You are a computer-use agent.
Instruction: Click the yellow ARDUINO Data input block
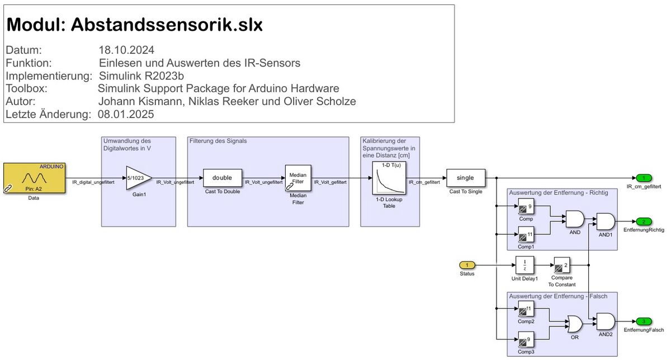[x=34, y=178]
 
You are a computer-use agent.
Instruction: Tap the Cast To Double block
[x=222, y=178]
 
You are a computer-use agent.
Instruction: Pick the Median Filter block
[x=298, y=178]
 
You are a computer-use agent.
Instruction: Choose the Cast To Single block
[x=466, y=178]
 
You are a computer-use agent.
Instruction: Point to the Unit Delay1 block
[x=524, y=265]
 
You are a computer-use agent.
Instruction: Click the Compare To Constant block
[x=561, y=265]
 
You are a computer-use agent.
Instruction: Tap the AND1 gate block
[x=605, y=221]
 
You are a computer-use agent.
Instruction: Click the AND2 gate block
[x=605, y=321]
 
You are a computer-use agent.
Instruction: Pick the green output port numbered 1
[x=644, y=178]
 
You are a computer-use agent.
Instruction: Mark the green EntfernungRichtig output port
[x=644, y=221]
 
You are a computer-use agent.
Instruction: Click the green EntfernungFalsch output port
[x=644, y=321]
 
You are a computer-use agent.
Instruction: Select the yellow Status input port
[x=467, y=265]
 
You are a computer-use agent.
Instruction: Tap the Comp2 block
[x=526, y=309]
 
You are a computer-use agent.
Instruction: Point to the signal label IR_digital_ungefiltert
[x=93, y=182]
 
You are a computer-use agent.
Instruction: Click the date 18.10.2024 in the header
[x=126, y=49]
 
